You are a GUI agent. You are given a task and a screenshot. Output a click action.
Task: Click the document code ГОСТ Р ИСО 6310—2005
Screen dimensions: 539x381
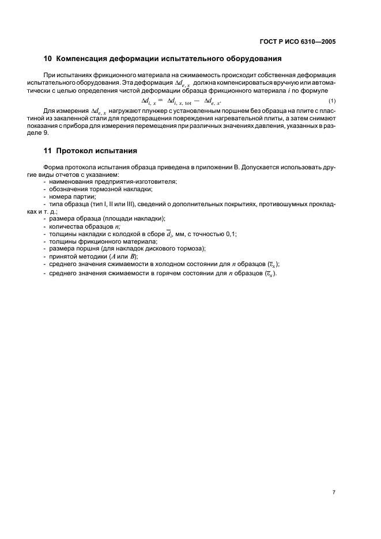tap(297, 42)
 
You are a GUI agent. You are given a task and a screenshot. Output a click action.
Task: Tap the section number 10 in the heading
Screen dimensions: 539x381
tap(48, 59)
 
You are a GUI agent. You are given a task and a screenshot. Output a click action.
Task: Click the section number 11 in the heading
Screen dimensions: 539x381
tap(48, 151)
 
